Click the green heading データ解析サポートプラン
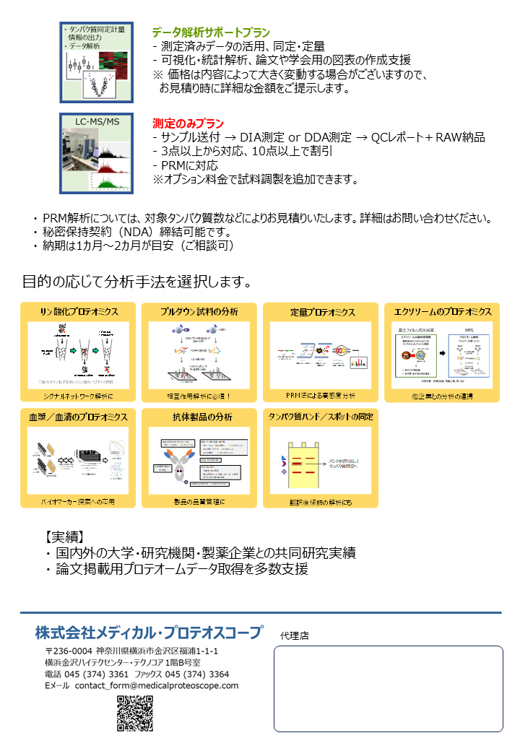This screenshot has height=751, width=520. tap(211, 32)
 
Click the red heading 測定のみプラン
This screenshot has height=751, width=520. tap(188, 123)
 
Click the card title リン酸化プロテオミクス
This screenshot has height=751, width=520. tap(78, 312)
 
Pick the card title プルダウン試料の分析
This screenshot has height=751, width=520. tap(199, 312)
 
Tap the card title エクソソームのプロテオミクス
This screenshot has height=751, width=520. tap(442, 312)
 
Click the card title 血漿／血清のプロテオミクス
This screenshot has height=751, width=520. tap(78, 417)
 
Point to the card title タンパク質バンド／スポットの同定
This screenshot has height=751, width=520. tap(321, 417)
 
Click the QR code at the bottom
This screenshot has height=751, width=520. tap(135, 713)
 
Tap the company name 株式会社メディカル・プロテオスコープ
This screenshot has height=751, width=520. tap(149, 633)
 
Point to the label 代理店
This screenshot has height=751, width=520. tap(294, 636)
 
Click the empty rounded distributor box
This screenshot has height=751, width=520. tap(388, 689)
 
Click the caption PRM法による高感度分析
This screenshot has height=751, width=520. tap(321, 395)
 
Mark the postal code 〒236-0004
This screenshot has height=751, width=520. tap(68, 651)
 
